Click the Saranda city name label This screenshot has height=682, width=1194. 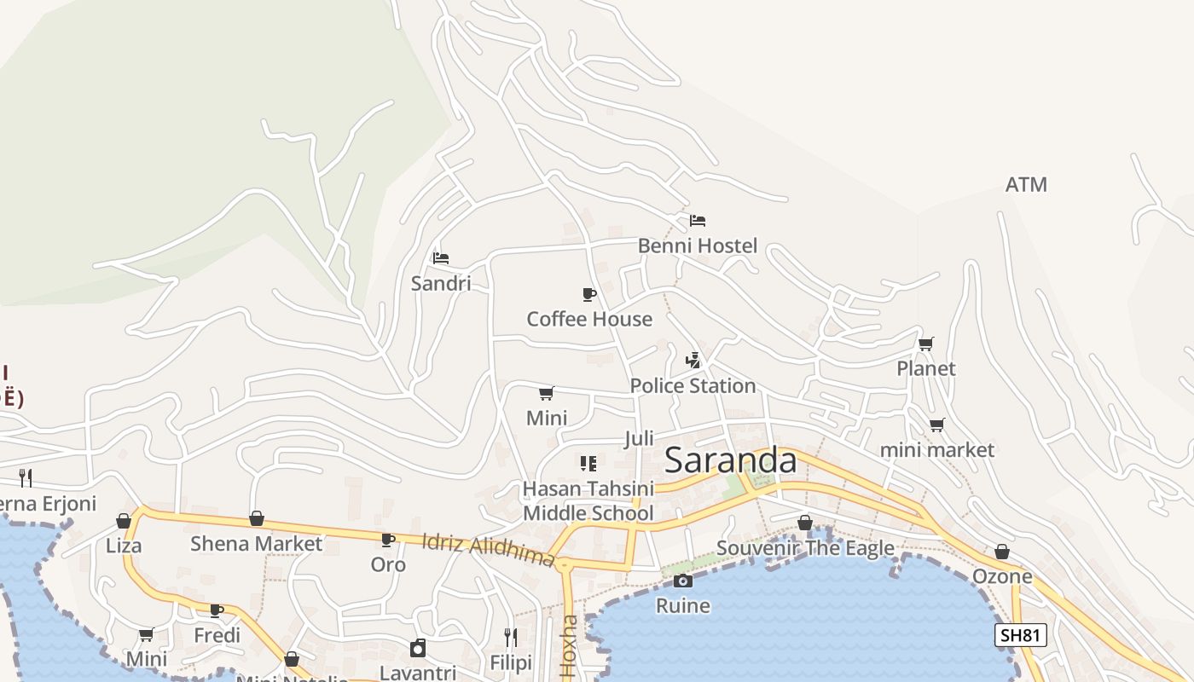click(730, 460)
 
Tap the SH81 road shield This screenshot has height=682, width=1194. click(1021, 635)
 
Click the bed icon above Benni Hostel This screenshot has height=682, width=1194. click(698, 221)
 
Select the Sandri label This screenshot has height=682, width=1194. click(441, 283)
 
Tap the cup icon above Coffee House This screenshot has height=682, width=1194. click(588, 295)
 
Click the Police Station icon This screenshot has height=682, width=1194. click(693, 361)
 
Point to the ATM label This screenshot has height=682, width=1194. click(1026, 184)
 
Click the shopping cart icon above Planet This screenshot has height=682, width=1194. click(925, 344)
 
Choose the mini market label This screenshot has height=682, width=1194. click(936, 449)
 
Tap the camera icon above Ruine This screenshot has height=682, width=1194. click(682, 581)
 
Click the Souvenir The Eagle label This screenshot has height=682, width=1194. click(805, 548)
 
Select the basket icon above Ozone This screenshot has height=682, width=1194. click(1002, 552)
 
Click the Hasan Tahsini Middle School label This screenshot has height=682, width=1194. click(588, 500)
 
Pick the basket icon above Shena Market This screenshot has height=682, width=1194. click(257, 518)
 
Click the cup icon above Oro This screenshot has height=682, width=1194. click(388, 540)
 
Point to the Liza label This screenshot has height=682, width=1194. click(124, 546)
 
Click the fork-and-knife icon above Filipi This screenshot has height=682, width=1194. click(511, 637)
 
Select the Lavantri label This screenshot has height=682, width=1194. click(418, 672)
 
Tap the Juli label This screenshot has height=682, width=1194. click(639, 438)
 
